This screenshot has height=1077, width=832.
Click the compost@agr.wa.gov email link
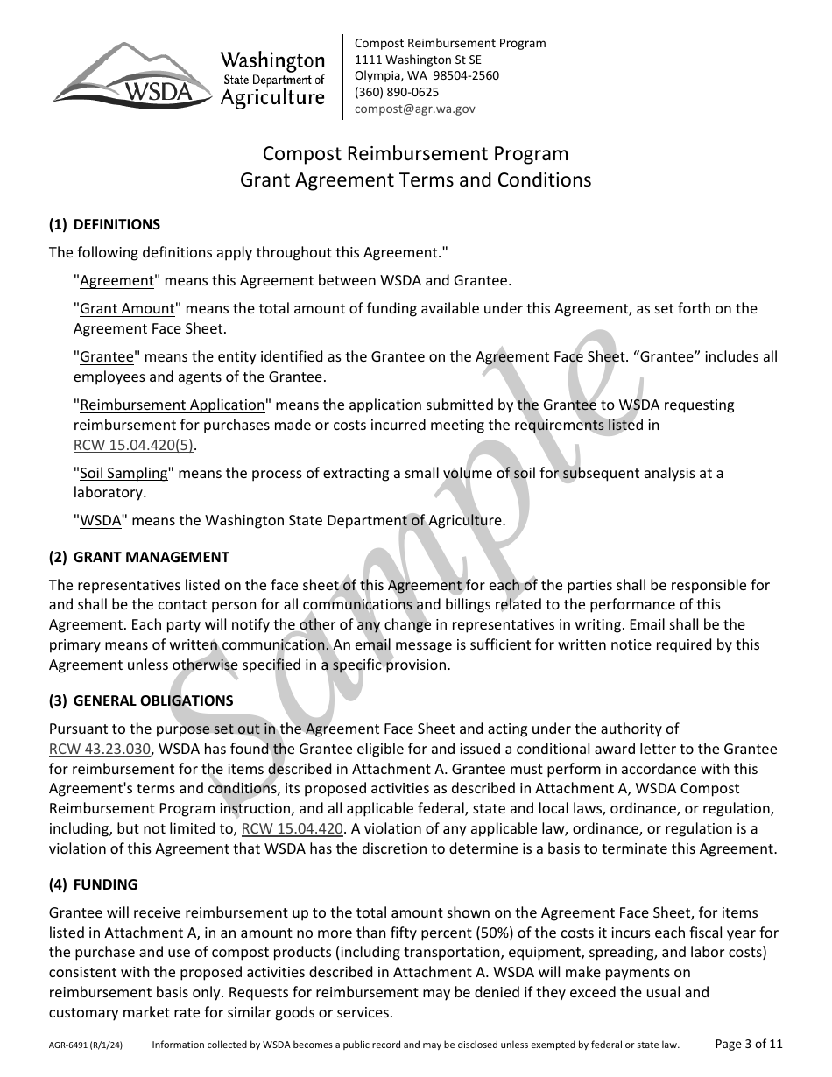[414, 109]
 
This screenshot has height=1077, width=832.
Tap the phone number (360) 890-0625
[397, 93]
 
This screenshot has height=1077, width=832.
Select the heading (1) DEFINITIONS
[104, 225]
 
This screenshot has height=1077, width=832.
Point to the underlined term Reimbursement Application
[172, 405]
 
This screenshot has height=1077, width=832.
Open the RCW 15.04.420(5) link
[133, 445]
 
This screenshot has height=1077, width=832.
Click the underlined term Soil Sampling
[123, 474]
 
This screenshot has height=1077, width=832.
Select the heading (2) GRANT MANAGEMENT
[139, 557]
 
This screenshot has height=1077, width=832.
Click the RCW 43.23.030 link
[101, 750]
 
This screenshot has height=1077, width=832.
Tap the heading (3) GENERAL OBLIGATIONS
[141, 700]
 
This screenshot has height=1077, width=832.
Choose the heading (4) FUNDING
[93, 885]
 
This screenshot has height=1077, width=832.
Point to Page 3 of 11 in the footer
[749, 1044]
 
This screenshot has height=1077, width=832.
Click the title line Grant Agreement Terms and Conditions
[416, 180]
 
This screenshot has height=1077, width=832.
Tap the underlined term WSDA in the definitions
[101, 520]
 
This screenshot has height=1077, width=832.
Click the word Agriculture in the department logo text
[272, 98]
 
